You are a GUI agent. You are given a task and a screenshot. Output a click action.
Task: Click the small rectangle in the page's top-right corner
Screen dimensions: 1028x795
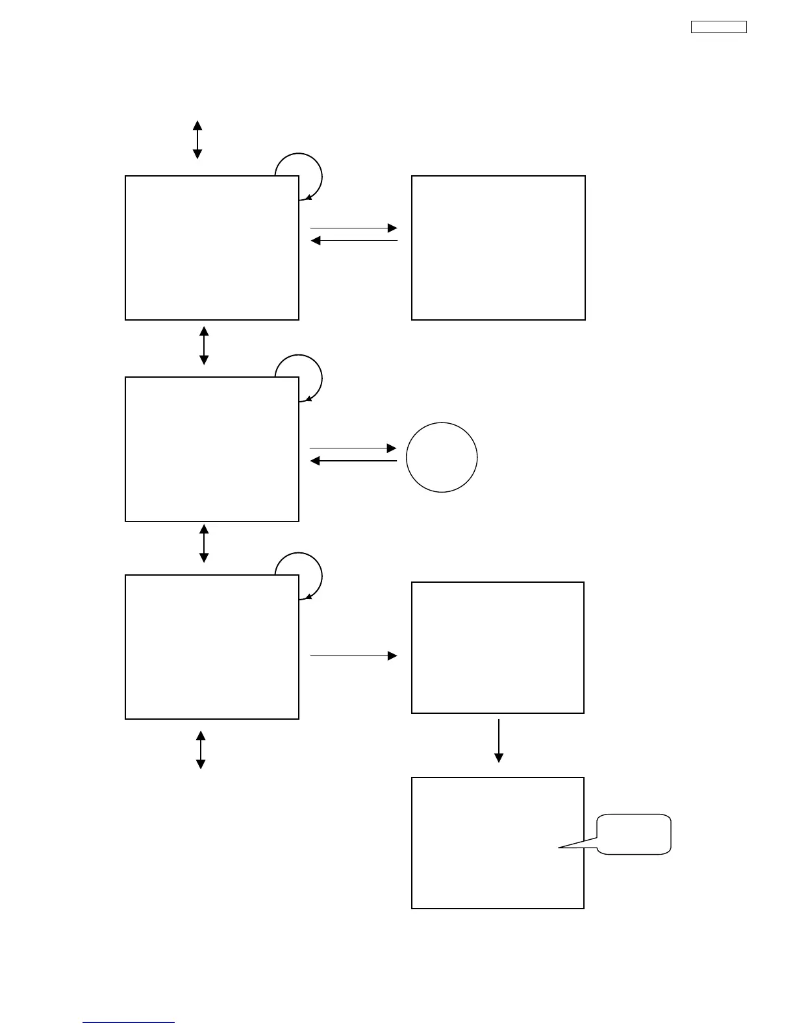tap(718, 27)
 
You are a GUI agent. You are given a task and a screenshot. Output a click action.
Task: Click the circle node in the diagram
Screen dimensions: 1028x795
tap(442, 458)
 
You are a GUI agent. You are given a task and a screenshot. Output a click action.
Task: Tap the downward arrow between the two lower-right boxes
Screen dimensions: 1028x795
tap(499, 740)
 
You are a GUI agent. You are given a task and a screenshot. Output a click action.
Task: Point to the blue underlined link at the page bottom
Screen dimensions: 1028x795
tap(129, 1022)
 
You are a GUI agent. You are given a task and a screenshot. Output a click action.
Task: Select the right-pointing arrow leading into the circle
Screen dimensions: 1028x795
tap(353, 448)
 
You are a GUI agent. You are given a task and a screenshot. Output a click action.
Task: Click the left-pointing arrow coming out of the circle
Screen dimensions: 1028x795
tap(353, 461)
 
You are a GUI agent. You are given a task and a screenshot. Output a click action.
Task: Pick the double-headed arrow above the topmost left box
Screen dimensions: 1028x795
tap(197, 140)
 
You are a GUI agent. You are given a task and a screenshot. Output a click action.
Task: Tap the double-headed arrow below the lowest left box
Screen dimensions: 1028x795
tap(201, 750)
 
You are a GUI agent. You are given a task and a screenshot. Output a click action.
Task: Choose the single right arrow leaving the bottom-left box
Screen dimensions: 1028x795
tap(353, 656)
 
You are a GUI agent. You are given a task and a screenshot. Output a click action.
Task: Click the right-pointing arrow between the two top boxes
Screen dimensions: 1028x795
tap(353, 228)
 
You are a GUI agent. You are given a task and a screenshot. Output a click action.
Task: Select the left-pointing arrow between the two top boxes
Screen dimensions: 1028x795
tap(353, 241)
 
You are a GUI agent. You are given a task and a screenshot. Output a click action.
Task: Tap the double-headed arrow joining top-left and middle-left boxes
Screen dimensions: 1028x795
tap(204, 345)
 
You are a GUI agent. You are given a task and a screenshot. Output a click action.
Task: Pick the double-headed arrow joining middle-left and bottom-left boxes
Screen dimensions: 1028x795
tap(204, 544)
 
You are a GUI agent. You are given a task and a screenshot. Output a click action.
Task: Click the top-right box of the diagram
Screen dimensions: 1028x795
tap(498, 248)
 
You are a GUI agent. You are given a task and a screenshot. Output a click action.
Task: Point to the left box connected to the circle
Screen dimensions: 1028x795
tap(212, 449)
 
